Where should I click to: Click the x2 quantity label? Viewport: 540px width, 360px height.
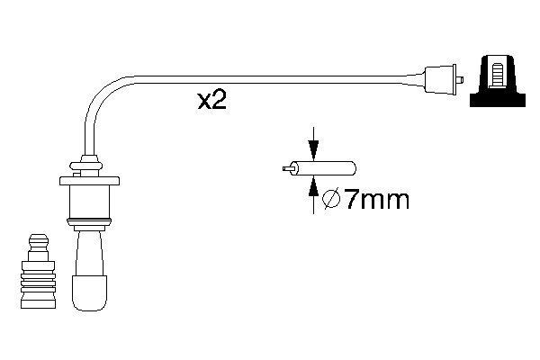[x=211, y=101]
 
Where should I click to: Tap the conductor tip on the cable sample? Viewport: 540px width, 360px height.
[x=286, y=168]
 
